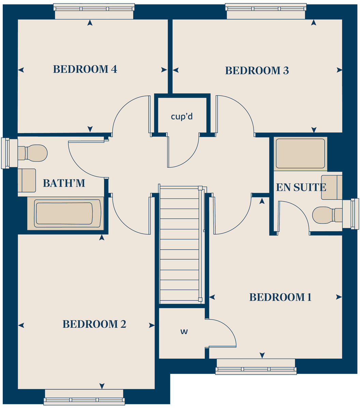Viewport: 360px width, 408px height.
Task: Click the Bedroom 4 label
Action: click(85, 69)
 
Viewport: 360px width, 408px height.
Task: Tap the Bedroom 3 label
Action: click(257, 71)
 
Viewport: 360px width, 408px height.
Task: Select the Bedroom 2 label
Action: click(94, 324)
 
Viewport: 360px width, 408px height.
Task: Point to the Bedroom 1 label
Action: click(280, 297)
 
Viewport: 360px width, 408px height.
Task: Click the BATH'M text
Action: click(64, 184)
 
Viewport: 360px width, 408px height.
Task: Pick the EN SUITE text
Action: click(301, 187)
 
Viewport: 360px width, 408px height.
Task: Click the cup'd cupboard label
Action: click(182, 116)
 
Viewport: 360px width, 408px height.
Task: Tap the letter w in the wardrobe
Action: click(184, 331)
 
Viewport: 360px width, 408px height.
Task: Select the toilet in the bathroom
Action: click(33, 153)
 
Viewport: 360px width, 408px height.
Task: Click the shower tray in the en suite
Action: click(300, 154)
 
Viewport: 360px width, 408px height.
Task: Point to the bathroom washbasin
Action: click(27, 180)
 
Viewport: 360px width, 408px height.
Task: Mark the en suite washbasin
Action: click(331, 187)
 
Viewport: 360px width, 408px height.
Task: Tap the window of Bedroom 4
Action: click(94, 8)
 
